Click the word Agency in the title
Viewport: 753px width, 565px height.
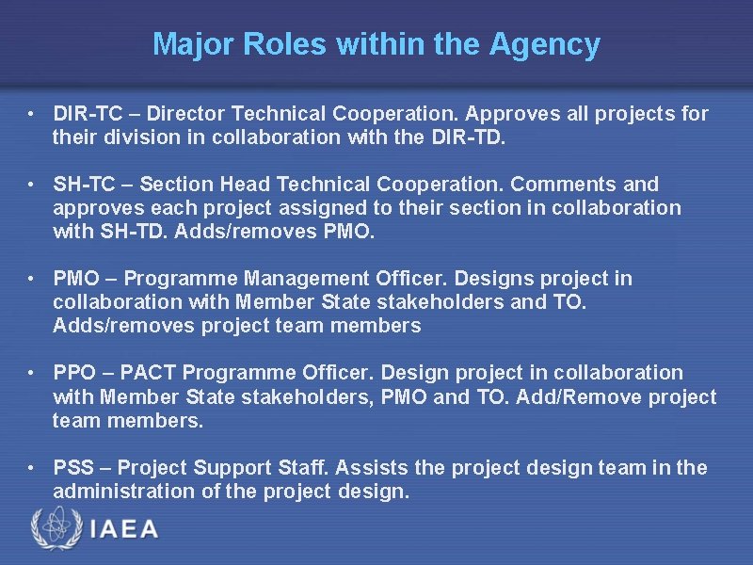click(545, 44)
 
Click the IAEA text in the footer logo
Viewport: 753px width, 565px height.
click(124, 528)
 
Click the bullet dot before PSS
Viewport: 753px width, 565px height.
click(32, 468)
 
